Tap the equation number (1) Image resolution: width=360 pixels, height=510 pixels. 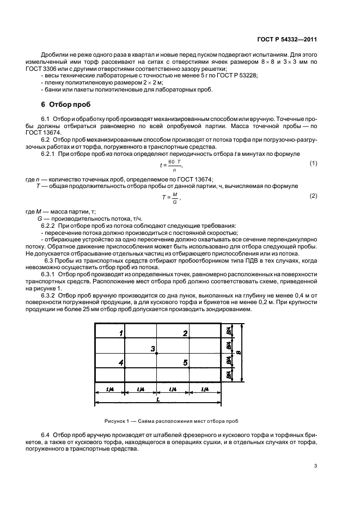[313, 163]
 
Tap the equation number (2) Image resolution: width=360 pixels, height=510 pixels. [313, 195]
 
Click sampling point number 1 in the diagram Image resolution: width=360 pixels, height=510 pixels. [121, 332]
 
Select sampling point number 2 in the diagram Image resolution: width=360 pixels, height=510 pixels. [185, 332]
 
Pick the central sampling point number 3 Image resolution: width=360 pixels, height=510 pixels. [153, 348]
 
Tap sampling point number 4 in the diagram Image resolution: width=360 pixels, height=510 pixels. [121, 362]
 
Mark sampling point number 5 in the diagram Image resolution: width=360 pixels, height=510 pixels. [185, 362]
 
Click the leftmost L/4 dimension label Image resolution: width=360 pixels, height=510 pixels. [109, 389]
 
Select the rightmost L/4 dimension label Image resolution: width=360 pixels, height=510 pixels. [205, 389]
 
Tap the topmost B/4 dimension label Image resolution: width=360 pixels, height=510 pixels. [229, 331]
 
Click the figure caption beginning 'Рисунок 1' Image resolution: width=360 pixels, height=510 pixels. [172, 421]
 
